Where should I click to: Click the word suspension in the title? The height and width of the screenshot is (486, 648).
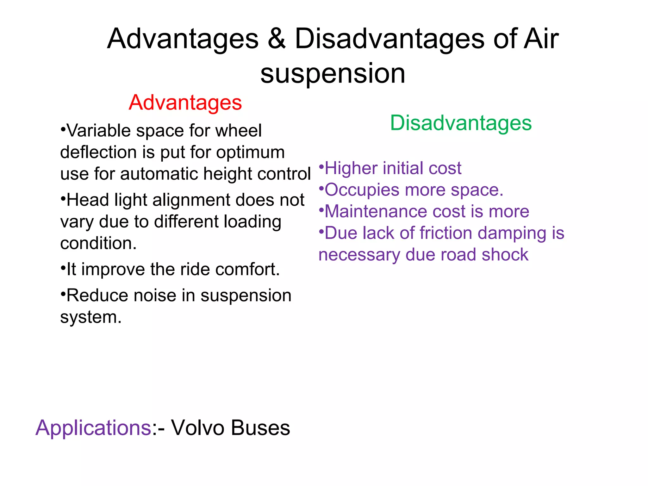333,73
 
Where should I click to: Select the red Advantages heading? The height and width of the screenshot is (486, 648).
185,103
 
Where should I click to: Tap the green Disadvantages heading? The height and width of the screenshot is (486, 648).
461,123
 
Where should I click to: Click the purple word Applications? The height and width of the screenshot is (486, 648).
93,428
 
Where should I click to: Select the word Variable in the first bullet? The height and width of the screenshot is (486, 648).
98,130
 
